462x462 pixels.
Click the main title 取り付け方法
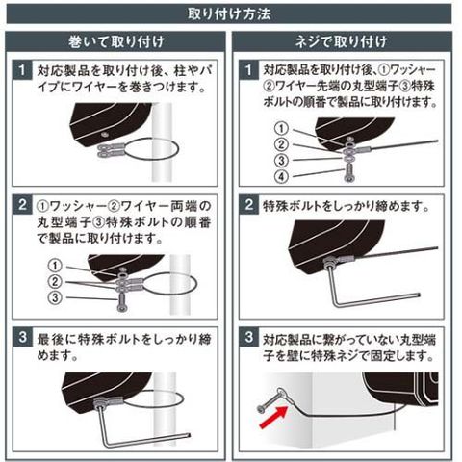coord(229,14)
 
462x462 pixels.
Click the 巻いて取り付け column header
coord(116,42)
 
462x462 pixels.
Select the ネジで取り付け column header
coord(341,42)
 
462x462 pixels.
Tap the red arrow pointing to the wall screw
coord(273,417)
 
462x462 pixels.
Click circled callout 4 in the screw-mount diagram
coord(281,176)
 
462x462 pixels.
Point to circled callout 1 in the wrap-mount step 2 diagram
coord(55,266)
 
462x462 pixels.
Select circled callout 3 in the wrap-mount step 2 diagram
coord(55,297)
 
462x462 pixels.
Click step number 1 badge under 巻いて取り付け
coord(22,70)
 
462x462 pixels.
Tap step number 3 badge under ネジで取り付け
coord(249,337)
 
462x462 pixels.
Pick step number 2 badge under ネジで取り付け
coord(249,204)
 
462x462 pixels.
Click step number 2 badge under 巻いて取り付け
coord(22,204)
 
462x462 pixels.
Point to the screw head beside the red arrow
coord(261,409)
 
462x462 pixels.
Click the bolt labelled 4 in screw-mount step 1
coord(349,173)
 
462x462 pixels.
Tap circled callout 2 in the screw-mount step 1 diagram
coord(281,144)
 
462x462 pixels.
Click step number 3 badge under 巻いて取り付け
coord(22,337)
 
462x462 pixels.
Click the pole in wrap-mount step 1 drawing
coord(162,143)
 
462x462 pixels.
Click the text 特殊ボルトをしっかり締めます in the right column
coord(343,206)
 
